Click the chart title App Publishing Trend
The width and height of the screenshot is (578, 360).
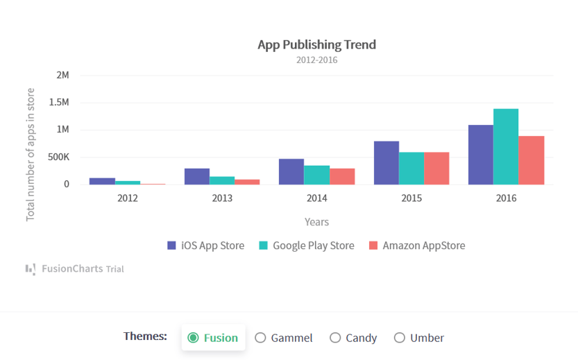coord(316,45)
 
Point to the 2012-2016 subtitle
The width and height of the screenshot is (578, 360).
coord(316,60)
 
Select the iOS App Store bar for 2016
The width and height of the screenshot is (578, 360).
coord(480,155)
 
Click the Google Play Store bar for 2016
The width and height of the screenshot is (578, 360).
coord(506,146)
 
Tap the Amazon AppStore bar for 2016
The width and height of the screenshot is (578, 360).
coord(532,160)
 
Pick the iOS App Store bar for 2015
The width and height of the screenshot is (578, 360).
coord(386,163)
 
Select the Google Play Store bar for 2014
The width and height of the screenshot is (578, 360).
coord(316,175)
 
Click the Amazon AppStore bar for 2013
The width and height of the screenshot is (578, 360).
coord(247,182)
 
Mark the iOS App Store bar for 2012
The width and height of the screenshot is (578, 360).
coord(102,181)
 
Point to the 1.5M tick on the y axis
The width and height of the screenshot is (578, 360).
coord(59,103)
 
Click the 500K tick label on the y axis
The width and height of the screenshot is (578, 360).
coord(58,157)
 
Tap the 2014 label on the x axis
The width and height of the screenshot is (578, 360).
coord(316,198)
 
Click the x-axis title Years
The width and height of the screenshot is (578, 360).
coord(316,222)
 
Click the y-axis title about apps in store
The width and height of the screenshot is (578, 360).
coord(31,154)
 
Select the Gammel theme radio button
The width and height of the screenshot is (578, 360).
coord(261,338)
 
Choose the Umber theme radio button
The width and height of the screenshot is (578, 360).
coord(400,338)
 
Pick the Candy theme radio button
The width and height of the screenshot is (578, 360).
coord(335,338)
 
